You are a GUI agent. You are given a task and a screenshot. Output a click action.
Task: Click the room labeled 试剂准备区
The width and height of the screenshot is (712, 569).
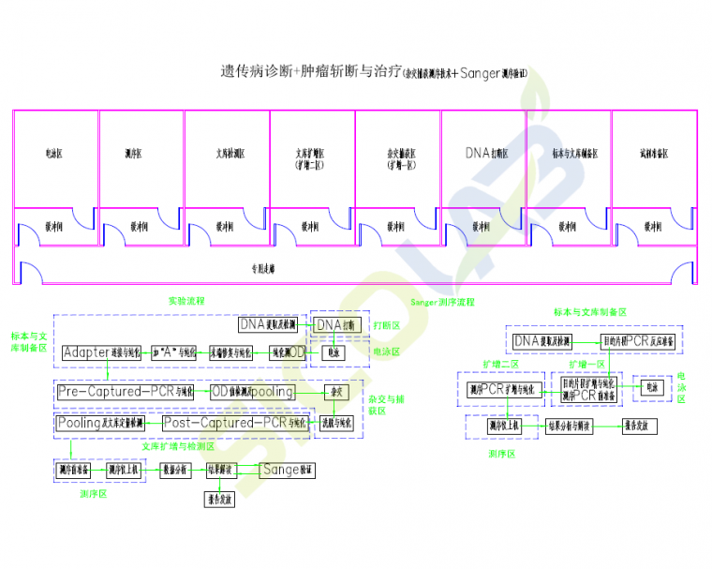(x=654, y=153)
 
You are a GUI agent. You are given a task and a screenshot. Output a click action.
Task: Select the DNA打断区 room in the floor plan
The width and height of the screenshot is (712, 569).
(x=483, y=153)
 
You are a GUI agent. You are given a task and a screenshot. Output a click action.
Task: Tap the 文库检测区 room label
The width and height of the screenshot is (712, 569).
(x=227, y=153)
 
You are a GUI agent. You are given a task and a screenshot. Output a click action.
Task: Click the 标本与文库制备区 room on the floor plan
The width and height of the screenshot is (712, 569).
(x=569, y=153)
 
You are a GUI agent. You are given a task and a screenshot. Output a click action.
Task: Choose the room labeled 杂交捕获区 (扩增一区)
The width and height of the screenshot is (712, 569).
(x=398, y=157)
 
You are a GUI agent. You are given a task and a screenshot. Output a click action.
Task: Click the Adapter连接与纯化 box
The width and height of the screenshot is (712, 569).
(x=103, y=353)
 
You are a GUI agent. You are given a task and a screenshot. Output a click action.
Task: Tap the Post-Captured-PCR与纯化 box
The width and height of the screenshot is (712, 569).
(x=234, y=424)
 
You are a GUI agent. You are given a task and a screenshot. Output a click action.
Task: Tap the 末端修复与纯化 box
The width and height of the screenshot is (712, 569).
(x=230, y=353)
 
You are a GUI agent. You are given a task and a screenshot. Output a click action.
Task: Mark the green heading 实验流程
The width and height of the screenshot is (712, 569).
(x=186, y=301)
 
